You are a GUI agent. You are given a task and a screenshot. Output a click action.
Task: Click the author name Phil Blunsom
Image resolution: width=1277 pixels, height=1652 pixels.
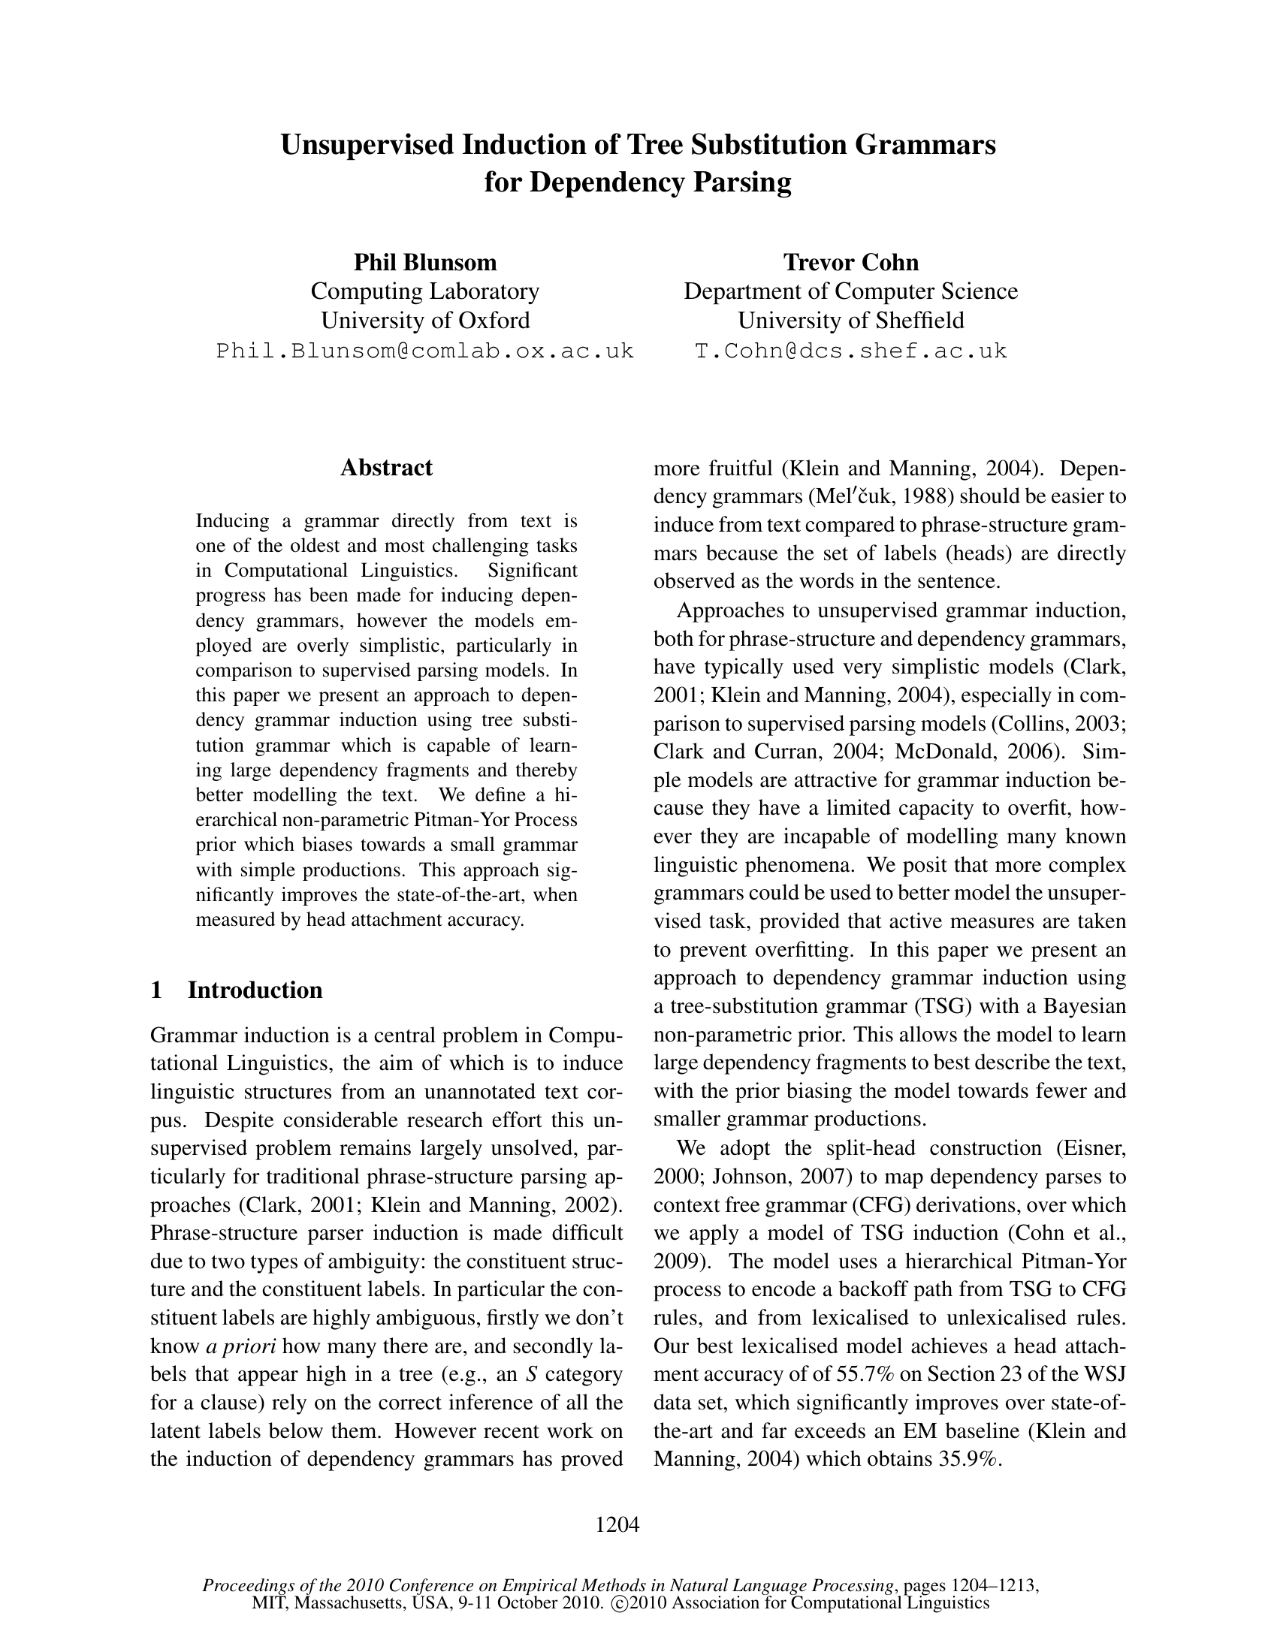(425, 263)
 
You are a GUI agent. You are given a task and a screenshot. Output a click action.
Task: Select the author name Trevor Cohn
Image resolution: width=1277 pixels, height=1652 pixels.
(851, 263)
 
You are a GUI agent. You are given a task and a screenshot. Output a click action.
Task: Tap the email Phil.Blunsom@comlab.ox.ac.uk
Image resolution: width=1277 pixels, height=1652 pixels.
(425, 351)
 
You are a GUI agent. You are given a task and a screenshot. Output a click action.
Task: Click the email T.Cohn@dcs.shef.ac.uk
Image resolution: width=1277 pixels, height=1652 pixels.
(851, 351)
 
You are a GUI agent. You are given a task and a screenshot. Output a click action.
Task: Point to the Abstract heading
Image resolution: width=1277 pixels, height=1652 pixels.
(387, 468)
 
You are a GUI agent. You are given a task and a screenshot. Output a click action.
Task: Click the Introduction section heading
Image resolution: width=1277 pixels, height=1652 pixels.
(255, 990)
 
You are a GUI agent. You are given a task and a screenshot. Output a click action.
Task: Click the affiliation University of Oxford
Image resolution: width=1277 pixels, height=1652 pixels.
(425, 321)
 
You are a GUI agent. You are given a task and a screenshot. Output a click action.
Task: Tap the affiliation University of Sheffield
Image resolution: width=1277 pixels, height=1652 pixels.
(851, 321)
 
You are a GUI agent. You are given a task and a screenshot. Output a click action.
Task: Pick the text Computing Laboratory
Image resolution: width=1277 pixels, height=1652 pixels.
(425, 291)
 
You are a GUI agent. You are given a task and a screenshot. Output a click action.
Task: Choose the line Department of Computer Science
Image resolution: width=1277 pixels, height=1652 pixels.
(851, 291)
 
